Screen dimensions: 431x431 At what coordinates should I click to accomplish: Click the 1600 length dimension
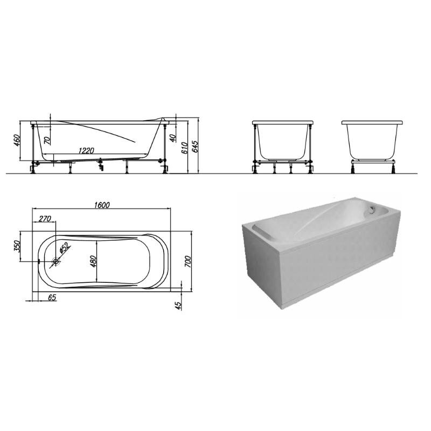(102, 205)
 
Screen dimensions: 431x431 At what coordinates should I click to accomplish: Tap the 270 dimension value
(45, 219)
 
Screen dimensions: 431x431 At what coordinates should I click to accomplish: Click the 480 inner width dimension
(93, 261)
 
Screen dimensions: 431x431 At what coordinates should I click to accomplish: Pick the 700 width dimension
(187, 261)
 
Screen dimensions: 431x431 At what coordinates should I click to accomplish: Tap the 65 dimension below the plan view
(52, 297)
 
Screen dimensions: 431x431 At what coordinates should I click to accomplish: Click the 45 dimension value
(179, 305)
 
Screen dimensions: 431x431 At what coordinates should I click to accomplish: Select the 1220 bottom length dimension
(86, 151)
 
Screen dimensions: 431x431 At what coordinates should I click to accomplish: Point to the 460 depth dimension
(17, 140)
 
